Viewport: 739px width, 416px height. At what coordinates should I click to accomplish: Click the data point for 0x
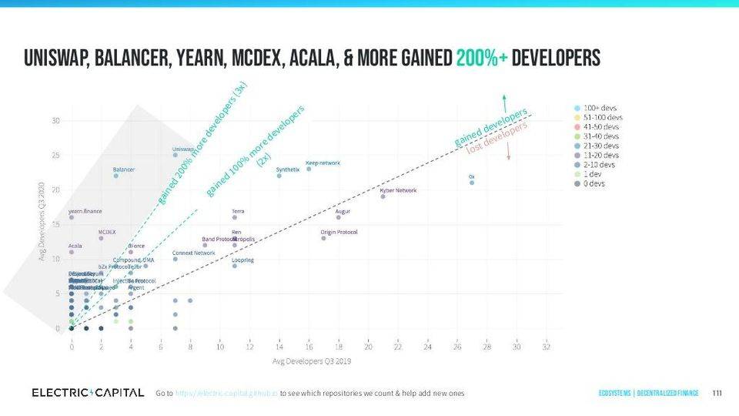pos(472,183)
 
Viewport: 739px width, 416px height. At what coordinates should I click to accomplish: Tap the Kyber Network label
pos(398,190)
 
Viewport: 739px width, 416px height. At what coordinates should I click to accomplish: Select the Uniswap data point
pos(175,155)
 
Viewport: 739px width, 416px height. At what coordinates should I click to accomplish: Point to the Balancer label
pos(124,169)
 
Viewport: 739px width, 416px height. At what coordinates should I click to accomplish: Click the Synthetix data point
pos(279,176)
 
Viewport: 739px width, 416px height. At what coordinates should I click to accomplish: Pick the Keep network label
pos(323,163)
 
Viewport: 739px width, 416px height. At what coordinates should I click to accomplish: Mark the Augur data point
pos(338,217)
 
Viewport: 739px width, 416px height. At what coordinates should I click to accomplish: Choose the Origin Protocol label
pos(339,232)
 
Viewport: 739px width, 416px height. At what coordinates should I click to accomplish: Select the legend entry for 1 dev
pos(591,174)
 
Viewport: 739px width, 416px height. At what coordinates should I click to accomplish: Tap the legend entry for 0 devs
pos(593,183)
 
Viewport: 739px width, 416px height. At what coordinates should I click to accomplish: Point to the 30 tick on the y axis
pos(56,121)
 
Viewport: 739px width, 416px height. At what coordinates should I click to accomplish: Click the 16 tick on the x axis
pos(308,347)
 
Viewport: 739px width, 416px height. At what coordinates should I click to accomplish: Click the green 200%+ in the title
pos(481,59)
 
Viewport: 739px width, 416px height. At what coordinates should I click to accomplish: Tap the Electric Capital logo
pos(87,393)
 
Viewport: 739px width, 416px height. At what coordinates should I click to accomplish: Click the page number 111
pos(717,394)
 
